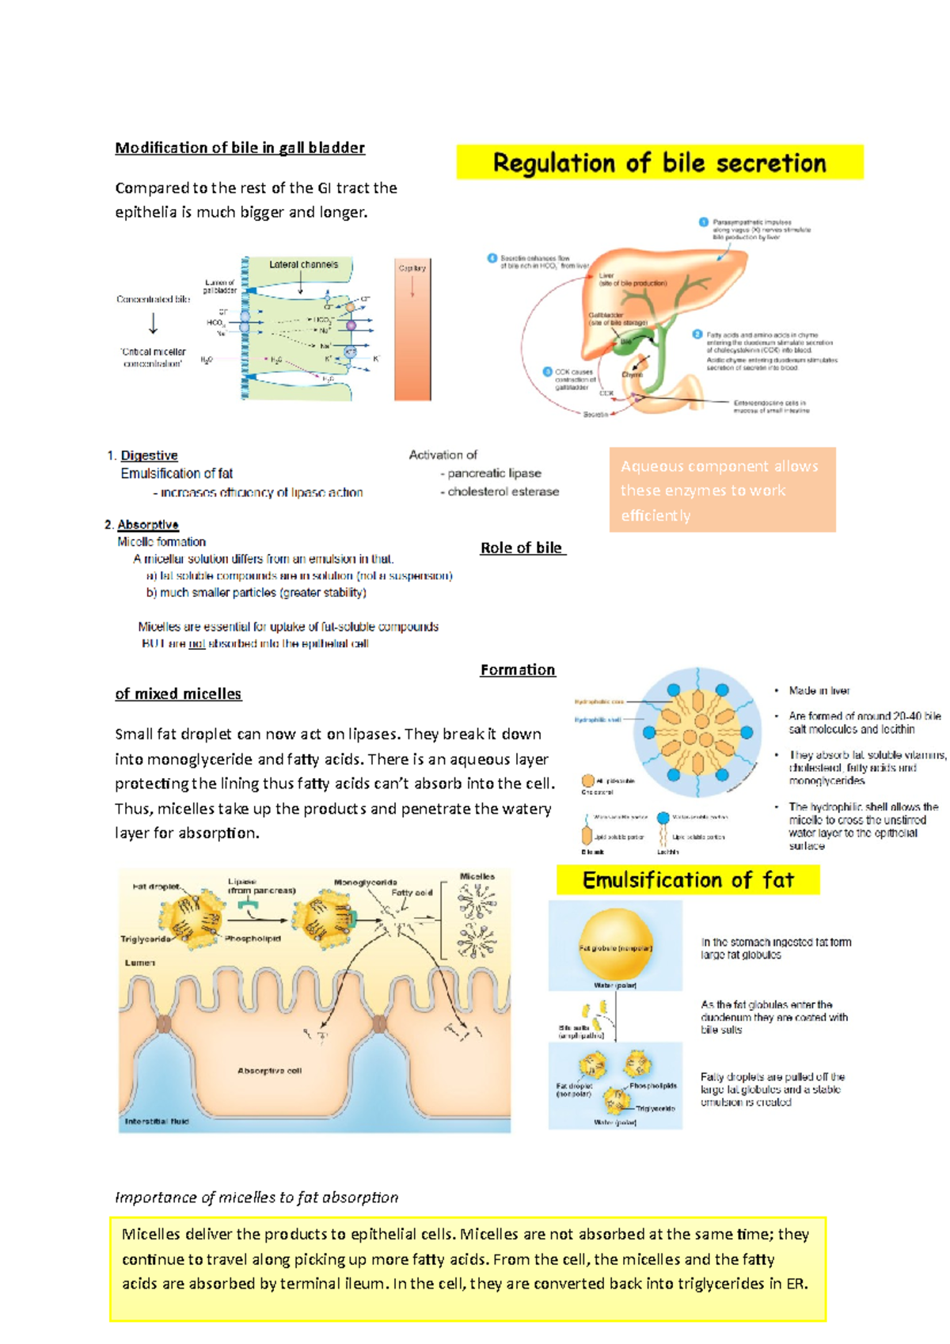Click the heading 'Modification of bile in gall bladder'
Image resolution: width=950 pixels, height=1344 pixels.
point(240,148)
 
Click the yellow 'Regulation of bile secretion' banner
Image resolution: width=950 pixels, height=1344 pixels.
point(659,163)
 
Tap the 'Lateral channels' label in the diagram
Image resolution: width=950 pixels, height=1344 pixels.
point(303,264)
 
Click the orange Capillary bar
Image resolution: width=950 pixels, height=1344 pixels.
point(412,332)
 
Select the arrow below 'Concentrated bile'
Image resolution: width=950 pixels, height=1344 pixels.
point(153,324)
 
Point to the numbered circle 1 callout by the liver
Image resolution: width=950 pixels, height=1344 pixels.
point(703,222)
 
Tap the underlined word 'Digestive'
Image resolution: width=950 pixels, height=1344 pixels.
point(149,456)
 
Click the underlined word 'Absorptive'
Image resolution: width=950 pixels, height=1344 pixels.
point(148,525)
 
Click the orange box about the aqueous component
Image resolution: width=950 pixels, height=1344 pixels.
point(722,490)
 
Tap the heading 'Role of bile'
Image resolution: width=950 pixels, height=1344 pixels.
point(522,548)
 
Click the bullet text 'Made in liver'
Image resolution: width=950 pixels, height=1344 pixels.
point(819,691)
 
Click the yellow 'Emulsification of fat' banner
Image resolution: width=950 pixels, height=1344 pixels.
point(687,880)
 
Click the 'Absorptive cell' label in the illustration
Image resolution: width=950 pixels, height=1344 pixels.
point(269,1071)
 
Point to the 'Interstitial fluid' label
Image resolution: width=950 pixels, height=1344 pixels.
point(157,1122)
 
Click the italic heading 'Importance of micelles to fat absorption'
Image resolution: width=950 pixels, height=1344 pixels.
point(256,1198)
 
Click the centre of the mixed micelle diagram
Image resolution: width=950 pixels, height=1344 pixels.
point(697,732)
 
